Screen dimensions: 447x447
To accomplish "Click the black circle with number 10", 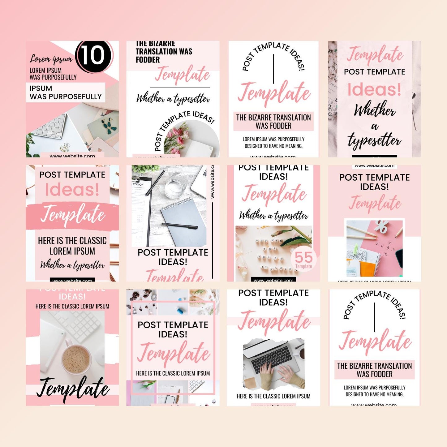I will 93,56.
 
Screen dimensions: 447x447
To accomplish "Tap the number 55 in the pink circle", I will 303,257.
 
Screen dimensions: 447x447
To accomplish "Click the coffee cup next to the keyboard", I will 76,359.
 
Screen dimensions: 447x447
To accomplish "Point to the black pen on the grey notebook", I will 180,226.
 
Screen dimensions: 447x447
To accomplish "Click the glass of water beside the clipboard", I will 175,187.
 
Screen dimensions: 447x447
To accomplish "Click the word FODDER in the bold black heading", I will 148,60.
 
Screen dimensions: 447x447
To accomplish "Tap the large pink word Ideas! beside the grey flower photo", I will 374,90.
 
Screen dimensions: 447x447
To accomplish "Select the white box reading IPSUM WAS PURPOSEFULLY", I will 66,92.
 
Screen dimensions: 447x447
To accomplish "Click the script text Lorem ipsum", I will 51,59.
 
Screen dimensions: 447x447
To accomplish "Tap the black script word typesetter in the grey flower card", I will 374,141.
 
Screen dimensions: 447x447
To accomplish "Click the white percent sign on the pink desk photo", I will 381,227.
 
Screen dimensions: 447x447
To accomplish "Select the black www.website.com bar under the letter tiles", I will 273,280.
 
